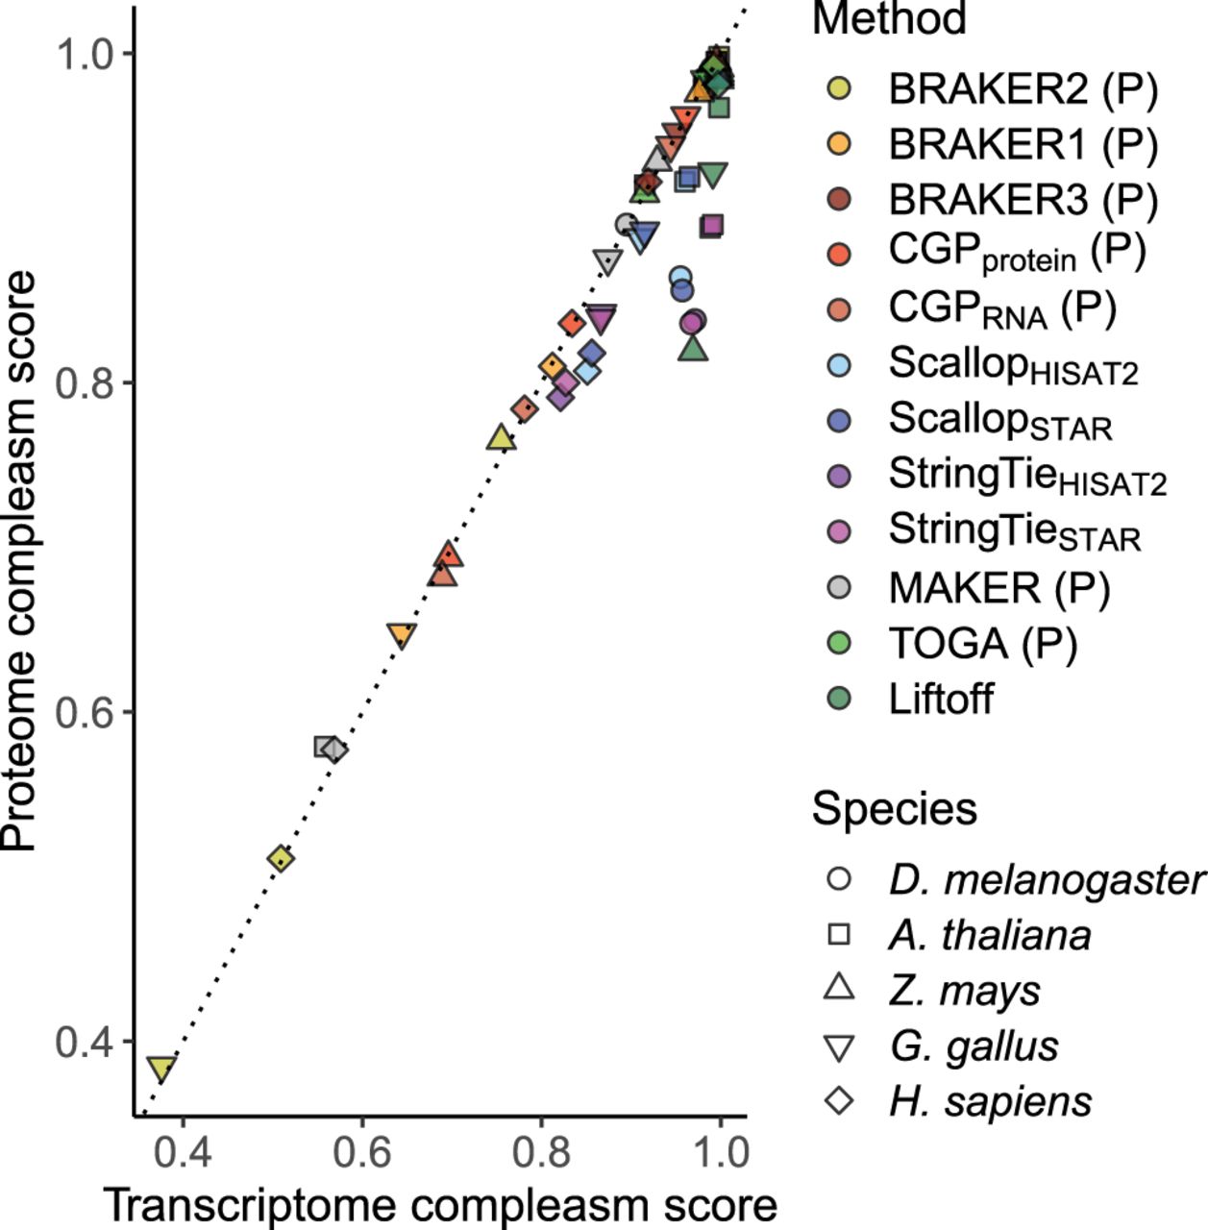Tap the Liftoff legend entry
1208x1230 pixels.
pyautogui.click(x=941, y=699)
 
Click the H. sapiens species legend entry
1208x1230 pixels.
pyautogui.click(x=990, y=1100)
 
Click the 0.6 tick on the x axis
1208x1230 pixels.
pyautogui.click(x=361, y=1152)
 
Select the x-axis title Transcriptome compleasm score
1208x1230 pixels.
pyautogui.click(x=439, y=1205)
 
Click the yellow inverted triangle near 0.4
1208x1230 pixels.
pyautogui.click(x=161, y=1069)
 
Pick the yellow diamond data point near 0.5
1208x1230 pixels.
pyautogui.click(x=280, y=858)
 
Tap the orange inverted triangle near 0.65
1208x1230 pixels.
pyautogui.click(x=402, y=635)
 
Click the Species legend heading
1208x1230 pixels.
pyautogui.click(x=894, y=809)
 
